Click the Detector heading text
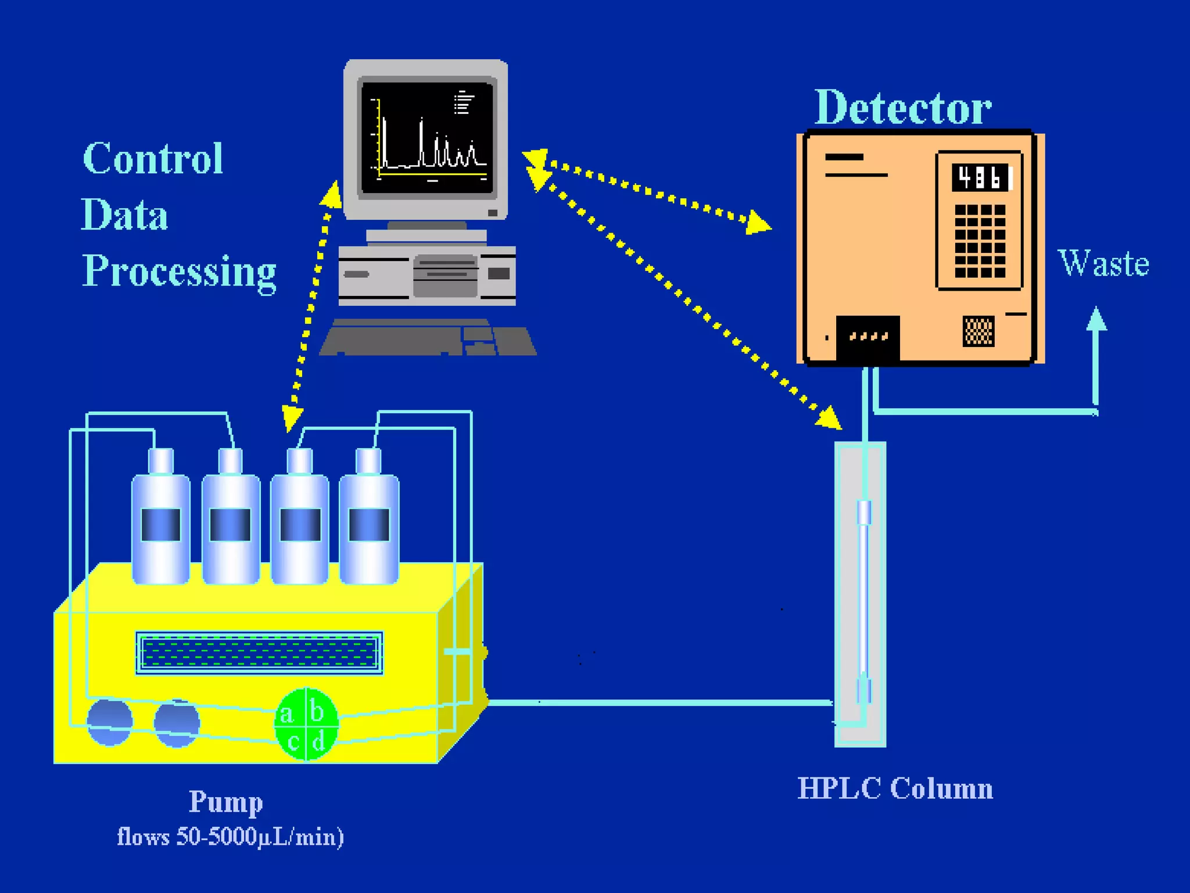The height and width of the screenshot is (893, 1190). pos(902,108)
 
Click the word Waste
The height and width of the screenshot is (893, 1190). pos(1103,263)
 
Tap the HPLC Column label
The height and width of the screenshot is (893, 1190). pos(895,789)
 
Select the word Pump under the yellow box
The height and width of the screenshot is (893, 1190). pos(225,802)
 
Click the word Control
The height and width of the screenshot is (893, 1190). pos(153,158)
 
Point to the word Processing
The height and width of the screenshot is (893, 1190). pos(179,272)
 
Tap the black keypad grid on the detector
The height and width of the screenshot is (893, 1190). pos(980,241)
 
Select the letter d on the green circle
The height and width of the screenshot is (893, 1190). pos(318,742)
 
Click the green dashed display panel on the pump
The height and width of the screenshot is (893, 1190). pos(259,653)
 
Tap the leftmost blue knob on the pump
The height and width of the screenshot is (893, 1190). pos(109,723)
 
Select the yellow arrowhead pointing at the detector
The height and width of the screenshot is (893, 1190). pos(758,223)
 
